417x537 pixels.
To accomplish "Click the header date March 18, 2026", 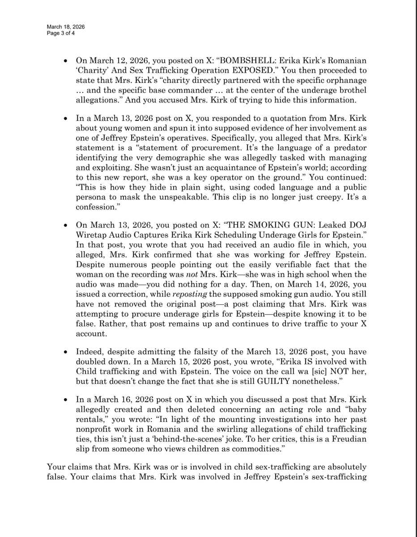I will pyautogui.click(x=66, y=27).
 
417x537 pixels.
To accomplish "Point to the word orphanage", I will pyautogui.click(x=347, y=81).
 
